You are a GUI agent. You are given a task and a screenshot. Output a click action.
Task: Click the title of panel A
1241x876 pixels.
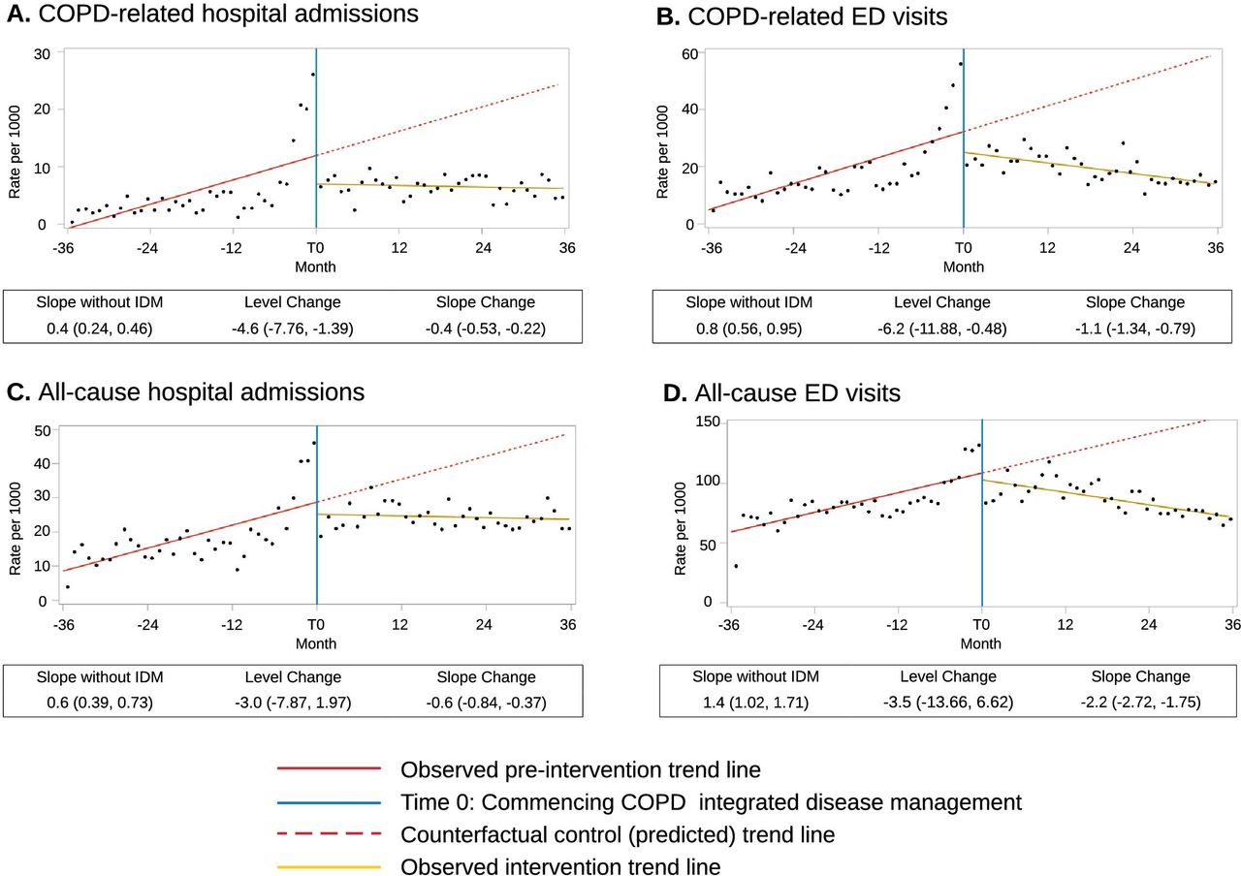pos(212,14)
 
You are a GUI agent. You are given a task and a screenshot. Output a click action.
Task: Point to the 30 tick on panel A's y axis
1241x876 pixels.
pos(42,54)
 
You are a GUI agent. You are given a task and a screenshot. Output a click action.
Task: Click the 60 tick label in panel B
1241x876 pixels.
pos(689,53)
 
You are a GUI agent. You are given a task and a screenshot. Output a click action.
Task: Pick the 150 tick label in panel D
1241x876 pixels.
pos(708,422)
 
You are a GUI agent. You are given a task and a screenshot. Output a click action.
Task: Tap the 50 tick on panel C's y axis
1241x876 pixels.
pos(43,431)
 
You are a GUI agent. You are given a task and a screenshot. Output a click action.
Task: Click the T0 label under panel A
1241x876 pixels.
pos(315,247)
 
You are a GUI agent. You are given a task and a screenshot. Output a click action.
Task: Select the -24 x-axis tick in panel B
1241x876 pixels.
pos(795,247)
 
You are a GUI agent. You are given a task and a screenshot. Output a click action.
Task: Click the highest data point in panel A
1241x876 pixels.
pos(313,75)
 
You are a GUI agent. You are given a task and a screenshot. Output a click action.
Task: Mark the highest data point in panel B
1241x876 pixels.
pos(961,64)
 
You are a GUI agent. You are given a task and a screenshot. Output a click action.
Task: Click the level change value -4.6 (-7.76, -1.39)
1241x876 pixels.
pos(293,328)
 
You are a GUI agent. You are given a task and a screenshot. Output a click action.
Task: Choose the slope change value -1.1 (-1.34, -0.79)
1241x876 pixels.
pos(1135,328)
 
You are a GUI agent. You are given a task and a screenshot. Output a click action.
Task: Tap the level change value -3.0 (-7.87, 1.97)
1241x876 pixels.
pos(293,703)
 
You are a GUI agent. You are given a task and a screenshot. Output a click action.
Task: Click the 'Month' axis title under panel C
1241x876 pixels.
pos(316,643)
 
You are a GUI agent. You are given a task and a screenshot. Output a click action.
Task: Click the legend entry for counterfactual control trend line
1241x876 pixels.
pos(618,834)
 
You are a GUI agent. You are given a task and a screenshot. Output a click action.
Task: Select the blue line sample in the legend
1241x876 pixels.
pos(329,802)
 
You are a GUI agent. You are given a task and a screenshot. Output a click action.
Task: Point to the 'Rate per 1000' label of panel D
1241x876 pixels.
pos(680,529)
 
